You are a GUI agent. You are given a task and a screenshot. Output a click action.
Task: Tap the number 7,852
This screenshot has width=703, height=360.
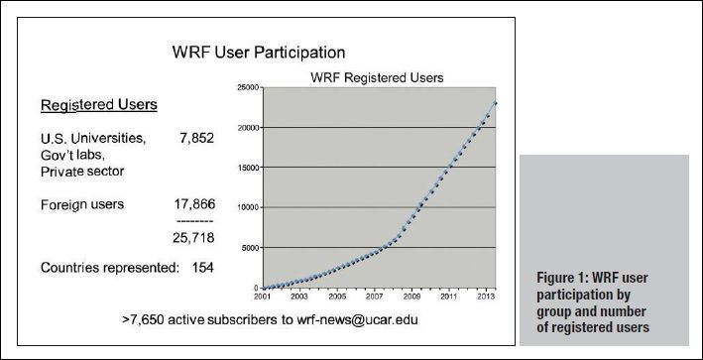pyautogui.click(x=196, y=138)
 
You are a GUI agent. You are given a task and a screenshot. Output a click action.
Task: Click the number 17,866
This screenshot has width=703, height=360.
pyautogui.click(x=193, y=206)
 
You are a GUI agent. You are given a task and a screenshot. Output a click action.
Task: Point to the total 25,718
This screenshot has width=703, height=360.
pyautogui.click(x=193, y=239)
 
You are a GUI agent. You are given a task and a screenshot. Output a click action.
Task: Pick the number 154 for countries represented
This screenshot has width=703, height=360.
pyautogui.click(x=202, y=268)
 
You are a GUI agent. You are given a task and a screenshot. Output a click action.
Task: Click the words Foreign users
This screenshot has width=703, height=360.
pyautogui.click(x=81, y=206)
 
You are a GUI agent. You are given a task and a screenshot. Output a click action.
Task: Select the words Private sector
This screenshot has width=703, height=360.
pyautogui.click(x=87, y=171)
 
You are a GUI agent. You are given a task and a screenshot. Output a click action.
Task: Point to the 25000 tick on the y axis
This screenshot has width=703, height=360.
pyautogui.click(x=247, y=88)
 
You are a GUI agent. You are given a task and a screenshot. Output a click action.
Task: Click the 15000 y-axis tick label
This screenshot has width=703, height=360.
pyautogui.click(x=247, y=168)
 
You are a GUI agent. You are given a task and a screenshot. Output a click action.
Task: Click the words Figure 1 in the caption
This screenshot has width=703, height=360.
pyautogui.click(x=555, y=277)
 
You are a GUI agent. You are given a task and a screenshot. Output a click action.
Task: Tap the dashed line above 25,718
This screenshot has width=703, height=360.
pyautogui.click(x=193, y=222)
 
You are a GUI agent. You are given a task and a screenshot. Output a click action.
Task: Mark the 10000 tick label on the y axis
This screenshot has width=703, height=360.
pyautogui.click(x=247, y=208)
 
